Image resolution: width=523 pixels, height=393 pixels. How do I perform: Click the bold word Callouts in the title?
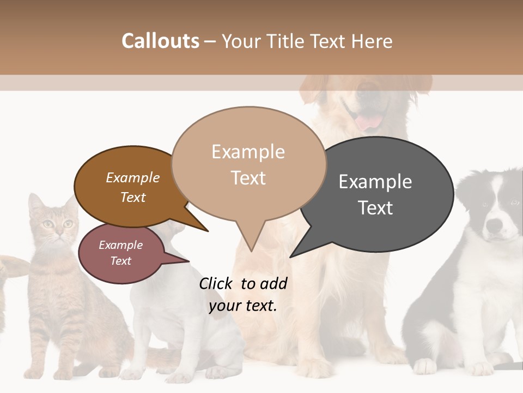(x=160, y=41)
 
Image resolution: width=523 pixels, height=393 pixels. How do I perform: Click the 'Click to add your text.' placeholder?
(x=243, y=294)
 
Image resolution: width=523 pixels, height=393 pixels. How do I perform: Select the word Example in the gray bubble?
(x=375, y=182)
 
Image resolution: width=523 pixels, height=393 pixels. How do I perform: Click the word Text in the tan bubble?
(x=248, y=178)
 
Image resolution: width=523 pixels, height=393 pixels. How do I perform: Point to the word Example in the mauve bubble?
(x=120, y=245)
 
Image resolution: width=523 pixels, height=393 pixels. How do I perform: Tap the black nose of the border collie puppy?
(x=495, y=225)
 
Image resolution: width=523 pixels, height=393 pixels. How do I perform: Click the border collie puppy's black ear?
(x=466, y=191)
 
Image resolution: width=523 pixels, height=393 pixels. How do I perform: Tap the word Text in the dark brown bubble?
(x=133, y=198)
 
